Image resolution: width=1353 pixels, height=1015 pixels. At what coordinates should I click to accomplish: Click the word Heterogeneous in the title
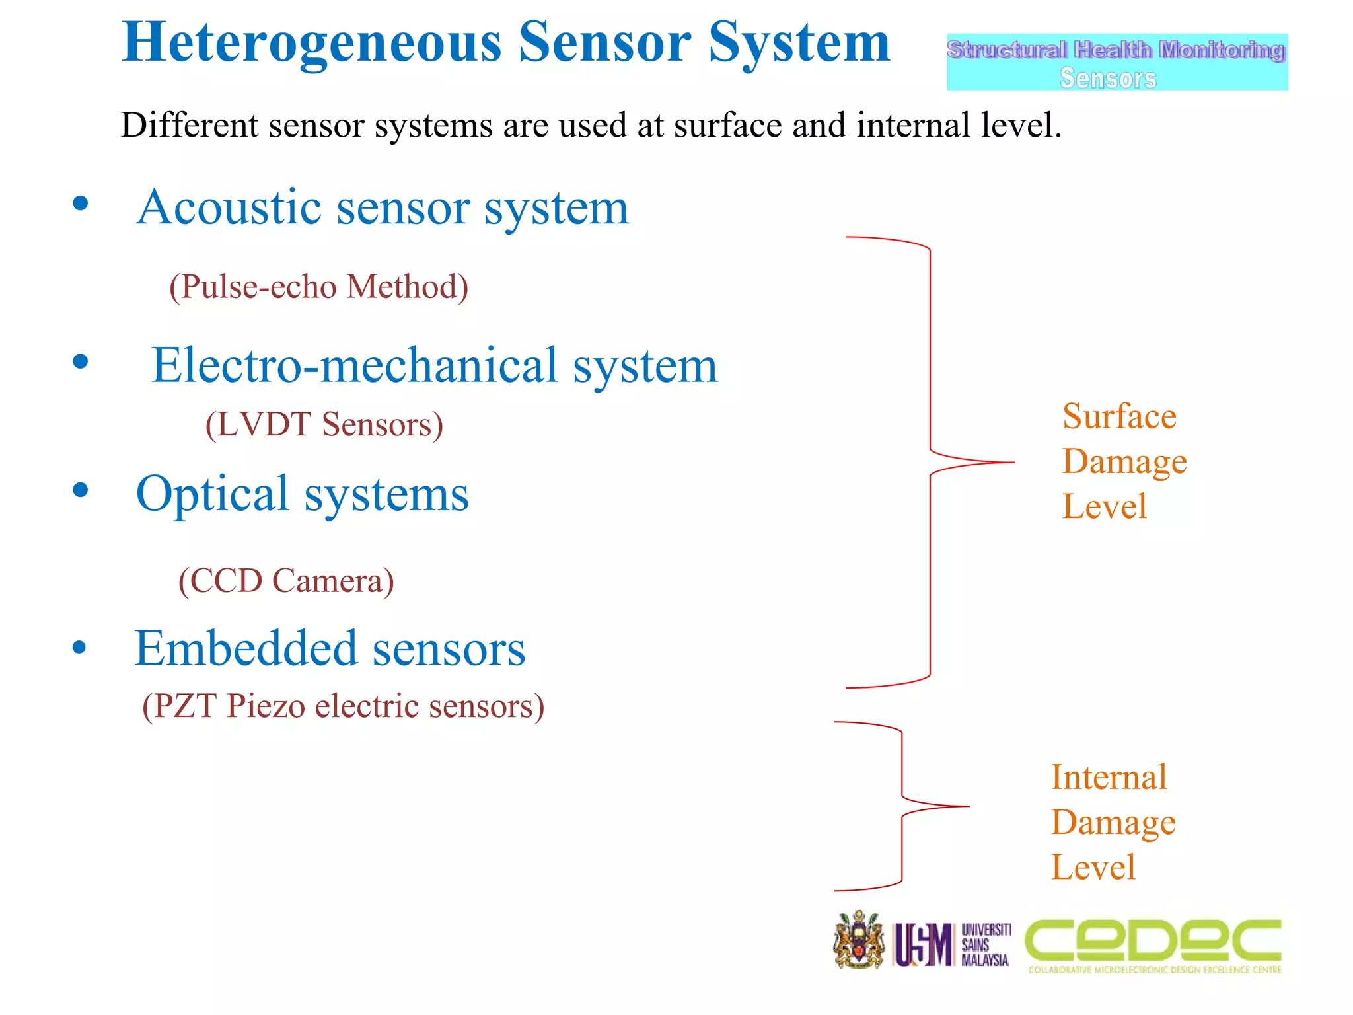tap(311, 44)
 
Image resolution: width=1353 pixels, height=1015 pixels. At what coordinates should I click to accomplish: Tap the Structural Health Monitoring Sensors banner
tap(1116, 62)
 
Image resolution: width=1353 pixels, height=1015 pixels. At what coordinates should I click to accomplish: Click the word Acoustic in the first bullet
tap(229, 207)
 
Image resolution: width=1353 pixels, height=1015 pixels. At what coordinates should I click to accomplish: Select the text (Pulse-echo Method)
tap(318, 287)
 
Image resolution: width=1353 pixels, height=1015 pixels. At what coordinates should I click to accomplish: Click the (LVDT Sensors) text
tap(324, 424)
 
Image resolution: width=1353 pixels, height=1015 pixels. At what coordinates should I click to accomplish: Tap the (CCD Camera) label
tap(286, 581)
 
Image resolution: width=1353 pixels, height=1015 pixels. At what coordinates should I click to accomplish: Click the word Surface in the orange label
tap(1119, 416)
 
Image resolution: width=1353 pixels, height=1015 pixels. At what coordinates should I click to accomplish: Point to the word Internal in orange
tap(1109, 777)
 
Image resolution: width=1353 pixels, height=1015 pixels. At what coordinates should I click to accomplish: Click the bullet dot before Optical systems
tap(81, 490)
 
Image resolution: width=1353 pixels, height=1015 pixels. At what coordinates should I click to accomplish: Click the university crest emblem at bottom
tap(858, 940)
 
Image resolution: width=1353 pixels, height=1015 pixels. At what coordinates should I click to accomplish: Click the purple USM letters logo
tap(922, 944)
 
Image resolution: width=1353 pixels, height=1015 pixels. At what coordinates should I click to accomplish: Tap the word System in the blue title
tap(799, 44)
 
